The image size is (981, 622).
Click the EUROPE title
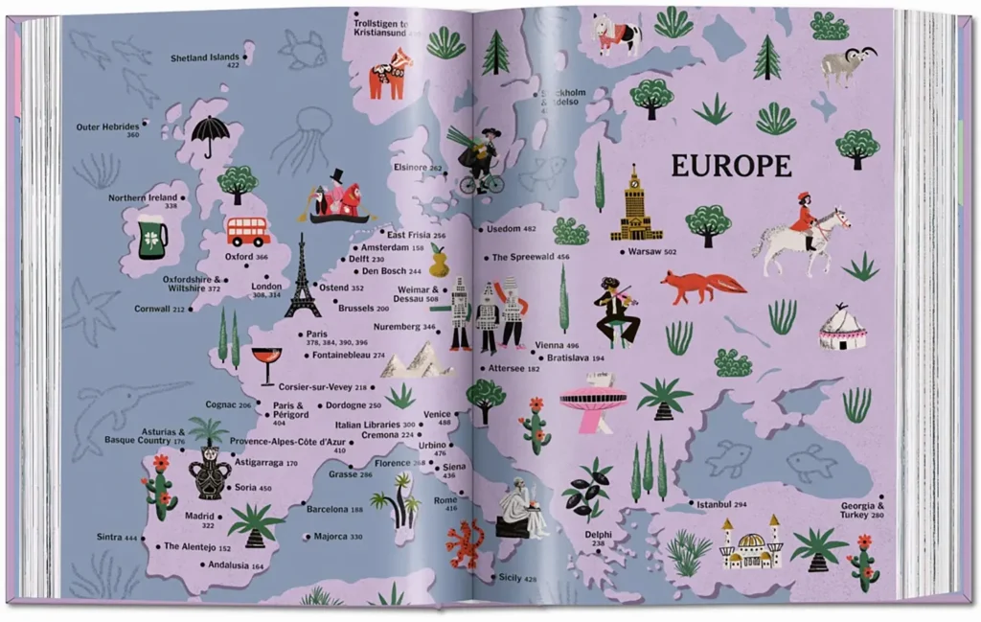pos(731,166)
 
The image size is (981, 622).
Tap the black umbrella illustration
pos(208,135)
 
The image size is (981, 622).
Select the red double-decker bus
pos(248,231)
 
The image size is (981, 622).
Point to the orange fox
pos(702,286)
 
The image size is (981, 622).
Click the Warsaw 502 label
pos(651,251)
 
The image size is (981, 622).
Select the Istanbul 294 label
pos(720,504)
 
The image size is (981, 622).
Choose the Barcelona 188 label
pos(334,509)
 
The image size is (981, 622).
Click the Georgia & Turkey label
pos(862,510)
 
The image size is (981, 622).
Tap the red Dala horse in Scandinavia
pos(389,75)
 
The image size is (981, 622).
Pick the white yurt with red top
pos(843,328)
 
